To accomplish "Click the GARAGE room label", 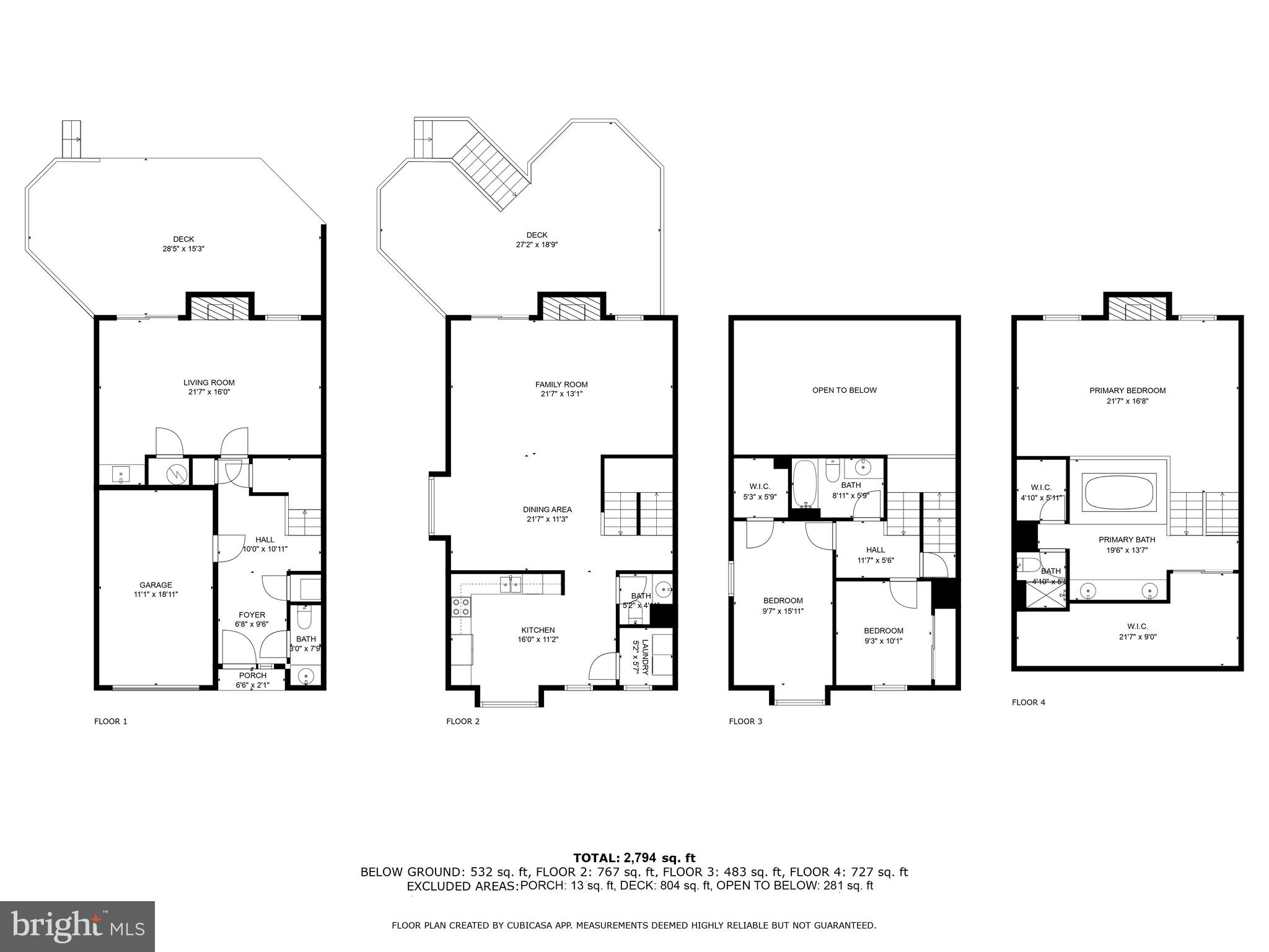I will point(156,585).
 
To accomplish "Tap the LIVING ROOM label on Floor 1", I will point(209,383).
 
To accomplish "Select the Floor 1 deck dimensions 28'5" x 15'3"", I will point(183,249).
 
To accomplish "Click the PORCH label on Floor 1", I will point(252,676).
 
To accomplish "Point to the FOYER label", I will point(252,615).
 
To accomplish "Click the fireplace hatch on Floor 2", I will point(571,309).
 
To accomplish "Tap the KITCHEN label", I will point(538,630).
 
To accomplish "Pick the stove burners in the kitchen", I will point(460,606).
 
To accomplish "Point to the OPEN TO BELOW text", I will point(844,390).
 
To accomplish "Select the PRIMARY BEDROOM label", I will point(1127,391).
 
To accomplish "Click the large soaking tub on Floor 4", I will point(1118,491).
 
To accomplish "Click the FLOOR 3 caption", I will point(745,721).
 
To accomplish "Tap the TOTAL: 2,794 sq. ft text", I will point(634,858).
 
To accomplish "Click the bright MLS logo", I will point(77,926).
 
